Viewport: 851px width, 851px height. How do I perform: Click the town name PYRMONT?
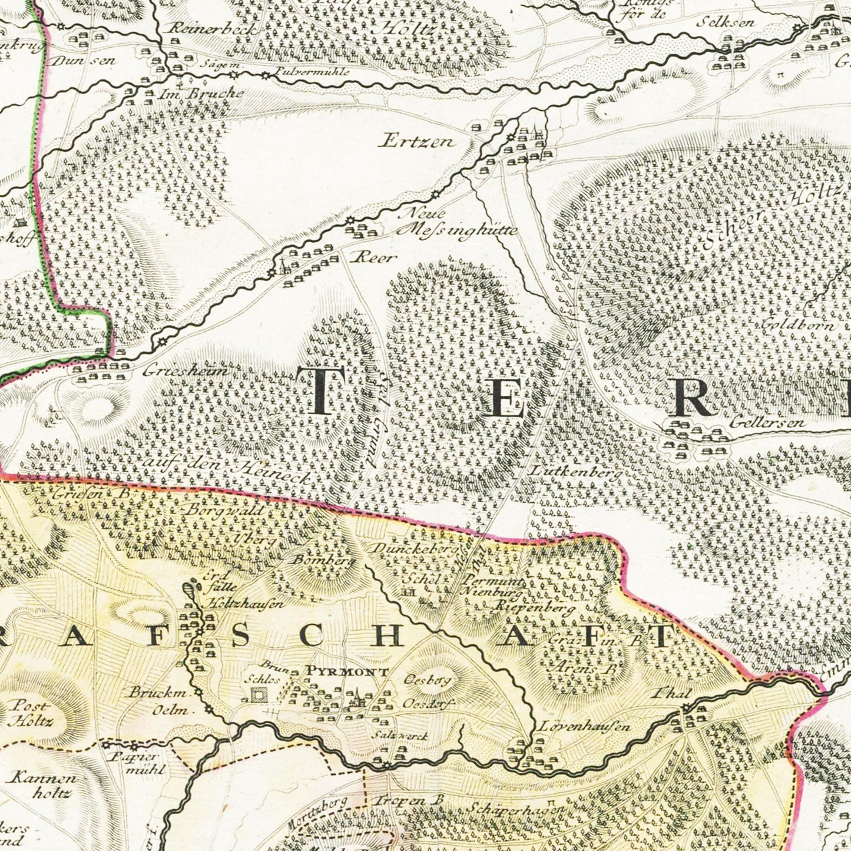pyautogui.click(x=347, y=671)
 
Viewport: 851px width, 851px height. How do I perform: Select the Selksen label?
pyautogui.click(x=726, y=22)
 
